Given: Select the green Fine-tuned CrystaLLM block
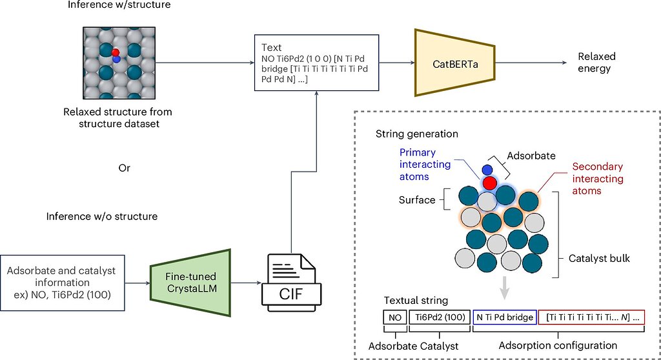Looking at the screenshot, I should pos(190,282).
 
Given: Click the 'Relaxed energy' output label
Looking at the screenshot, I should pos(596,63).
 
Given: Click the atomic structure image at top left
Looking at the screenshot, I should pos(119,62).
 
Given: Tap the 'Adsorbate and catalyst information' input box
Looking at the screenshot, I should pos(61,282).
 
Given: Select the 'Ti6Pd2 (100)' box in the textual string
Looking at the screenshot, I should pos(438,317).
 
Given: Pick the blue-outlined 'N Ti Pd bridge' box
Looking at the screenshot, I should pos(504,317).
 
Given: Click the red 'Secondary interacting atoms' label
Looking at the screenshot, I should pos(598,179).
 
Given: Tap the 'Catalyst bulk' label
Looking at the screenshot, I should pos(599,259).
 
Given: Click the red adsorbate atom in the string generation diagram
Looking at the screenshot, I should pos(489,182).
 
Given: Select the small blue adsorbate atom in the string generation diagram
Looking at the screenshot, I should pos(487,170).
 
